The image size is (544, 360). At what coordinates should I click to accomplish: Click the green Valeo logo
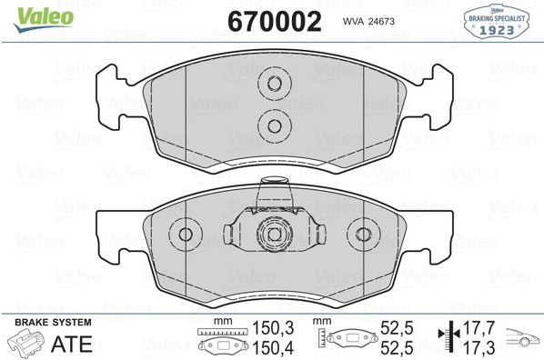coord(44,19)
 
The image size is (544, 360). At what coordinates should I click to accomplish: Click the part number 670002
coord(275,22)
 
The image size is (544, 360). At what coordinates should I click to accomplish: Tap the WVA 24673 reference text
coord(368,22)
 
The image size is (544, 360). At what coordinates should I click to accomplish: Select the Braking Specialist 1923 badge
coord(497,21)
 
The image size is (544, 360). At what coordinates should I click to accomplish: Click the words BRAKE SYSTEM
coord(53,322)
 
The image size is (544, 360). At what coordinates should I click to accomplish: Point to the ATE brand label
coord(72,344)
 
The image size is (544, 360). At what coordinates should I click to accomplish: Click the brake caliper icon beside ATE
coord(26,343)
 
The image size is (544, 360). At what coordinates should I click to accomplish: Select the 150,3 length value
coord(273,328)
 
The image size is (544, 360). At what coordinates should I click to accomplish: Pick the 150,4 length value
coord(273,348)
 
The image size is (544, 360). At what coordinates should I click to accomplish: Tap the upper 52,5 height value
coord(397,328)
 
